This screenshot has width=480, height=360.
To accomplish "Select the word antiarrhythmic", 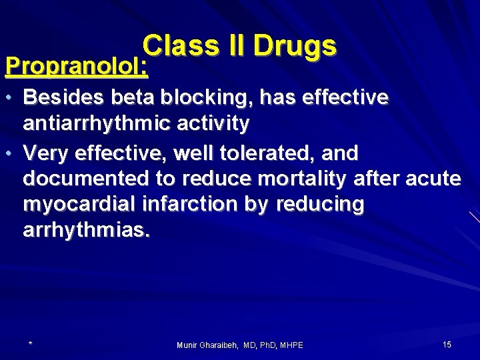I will tap(97, 123).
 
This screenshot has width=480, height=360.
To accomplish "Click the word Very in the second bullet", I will tap(47, 153).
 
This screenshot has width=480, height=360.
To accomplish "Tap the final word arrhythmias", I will tap(87, 231).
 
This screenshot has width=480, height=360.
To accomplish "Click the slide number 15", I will tap(447, 344).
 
